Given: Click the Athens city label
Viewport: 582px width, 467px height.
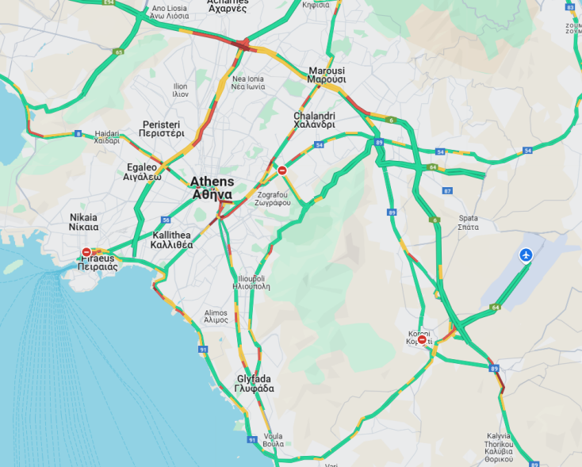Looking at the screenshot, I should click(x=211, y=187).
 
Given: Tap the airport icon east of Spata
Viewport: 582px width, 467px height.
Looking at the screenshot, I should click(x=526, y=255).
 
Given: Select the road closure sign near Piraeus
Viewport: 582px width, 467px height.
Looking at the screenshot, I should click(x=86, y=252).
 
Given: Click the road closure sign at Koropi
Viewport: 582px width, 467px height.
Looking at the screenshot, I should click(x=422, y=340).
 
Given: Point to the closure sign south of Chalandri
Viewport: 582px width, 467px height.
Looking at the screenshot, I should click(x=282, y=170).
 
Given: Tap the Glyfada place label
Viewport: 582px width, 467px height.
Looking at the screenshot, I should click(x=254, y=384).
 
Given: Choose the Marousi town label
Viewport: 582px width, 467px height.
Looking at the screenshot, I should click(x=327, y=75).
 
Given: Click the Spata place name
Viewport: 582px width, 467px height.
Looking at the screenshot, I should click(x=468, y=222).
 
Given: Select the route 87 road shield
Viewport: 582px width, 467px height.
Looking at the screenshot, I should click(x=447, y=191).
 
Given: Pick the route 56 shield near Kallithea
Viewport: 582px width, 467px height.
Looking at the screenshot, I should click(x=166, y=220).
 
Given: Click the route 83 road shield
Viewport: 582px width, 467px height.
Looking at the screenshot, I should click(x=119, y=52).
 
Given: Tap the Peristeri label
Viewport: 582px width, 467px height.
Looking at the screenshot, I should click(x=162, y=129).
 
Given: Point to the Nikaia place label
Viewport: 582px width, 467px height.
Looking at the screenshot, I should click(x=84, y=222).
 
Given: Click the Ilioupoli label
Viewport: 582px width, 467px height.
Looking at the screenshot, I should click(x=251, y=282).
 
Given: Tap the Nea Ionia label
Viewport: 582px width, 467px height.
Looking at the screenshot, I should click(x=248, y=83).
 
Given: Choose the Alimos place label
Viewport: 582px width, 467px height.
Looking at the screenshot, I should click(x=216, y=316).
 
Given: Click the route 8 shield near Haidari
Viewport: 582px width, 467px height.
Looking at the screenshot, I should click(x=78, y=133).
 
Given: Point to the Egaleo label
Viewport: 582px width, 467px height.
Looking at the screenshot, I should click(x=144, y=172).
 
